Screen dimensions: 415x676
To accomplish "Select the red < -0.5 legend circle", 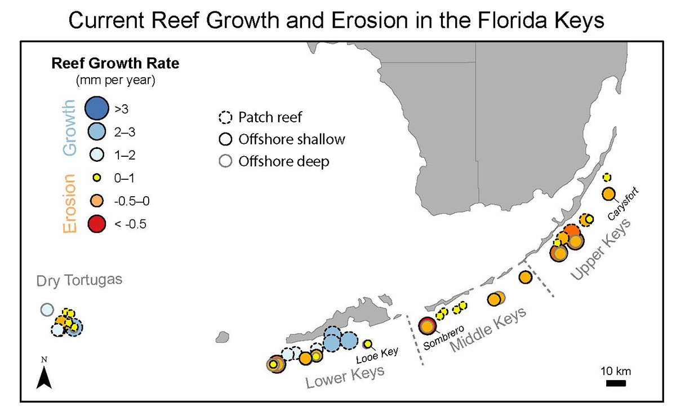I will coord(96,224).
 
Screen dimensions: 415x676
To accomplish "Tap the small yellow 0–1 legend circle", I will coord(96,178).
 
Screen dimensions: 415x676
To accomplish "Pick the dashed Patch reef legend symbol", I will coord(225,118).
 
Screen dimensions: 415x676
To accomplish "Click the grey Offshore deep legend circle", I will coord(225,161).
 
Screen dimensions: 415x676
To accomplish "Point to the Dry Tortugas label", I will coord(79,280).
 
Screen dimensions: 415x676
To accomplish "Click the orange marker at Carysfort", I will coord(608,194).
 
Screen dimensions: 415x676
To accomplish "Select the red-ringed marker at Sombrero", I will coord(428,325).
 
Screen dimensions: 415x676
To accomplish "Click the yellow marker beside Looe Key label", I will coord(367,344).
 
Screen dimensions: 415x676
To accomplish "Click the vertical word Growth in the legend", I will coord(69,127).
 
